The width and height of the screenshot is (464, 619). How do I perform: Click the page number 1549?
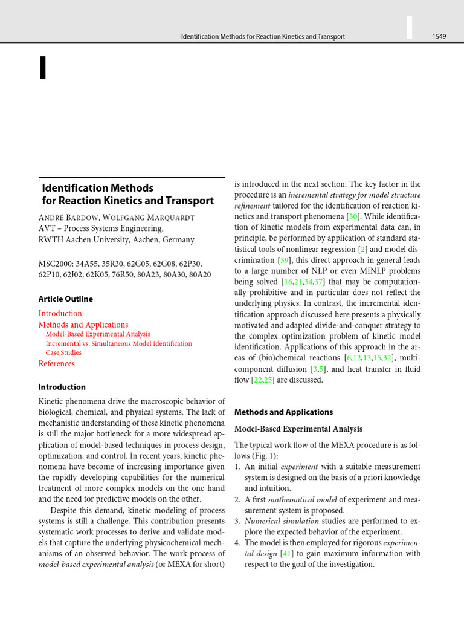tap(439, 37)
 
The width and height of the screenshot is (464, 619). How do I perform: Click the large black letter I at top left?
tap(42, 67)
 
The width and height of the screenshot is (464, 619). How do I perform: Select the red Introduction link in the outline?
tap(60, 313)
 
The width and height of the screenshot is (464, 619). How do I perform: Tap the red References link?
tap(57, 363)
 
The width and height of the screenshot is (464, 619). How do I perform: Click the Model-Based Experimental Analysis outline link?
tap(98, 334)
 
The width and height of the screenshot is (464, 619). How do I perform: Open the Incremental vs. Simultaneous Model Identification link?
tap(118, 343)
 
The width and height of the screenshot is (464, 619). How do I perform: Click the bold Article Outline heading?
tap(66, 299)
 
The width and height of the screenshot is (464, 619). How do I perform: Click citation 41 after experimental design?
tap(288, 554)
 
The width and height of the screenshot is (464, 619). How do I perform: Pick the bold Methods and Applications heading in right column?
tap(283, 412)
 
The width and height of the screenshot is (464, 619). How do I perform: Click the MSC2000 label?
tap(58, 264)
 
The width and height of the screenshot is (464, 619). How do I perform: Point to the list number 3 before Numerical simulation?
tap(237, 521)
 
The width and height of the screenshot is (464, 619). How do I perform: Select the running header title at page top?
tap(263, 37)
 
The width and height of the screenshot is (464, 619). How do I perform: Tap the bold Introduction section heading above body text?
tap(62, 387)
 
